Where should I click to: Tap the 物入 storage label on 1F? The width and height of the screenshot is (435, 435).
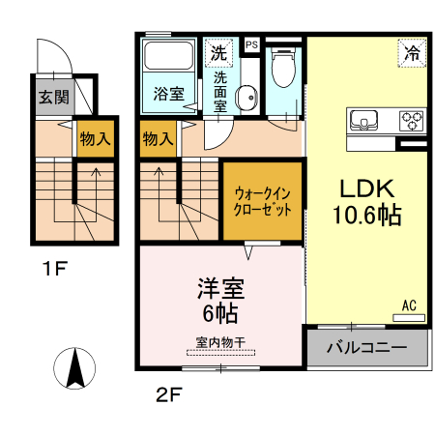click(x=95, y=139)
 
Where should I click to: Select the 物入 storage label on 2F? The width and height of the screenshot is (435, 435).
click(x=158, y=139)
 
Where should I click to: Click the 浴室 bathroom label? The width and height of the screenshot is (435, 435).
click(x=169, y=94)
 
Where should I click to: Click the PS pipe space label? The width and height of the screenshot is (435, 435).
click(x=251, y=44)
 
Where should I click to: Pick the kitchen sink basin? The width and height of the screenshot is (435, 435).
click(x=366, y=121)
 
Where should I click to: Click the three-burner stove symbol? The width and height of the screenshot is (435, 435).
click(x=411, y=121)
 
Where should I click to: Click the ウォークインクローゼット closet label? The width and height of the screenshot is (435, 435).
click(x=263, y=200)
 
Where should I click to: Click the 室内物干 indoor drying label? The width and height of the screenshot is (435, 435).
click(x=220, y=341)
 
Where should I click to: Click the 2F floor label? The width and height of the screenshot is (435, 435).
click(x=167, y=393)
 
